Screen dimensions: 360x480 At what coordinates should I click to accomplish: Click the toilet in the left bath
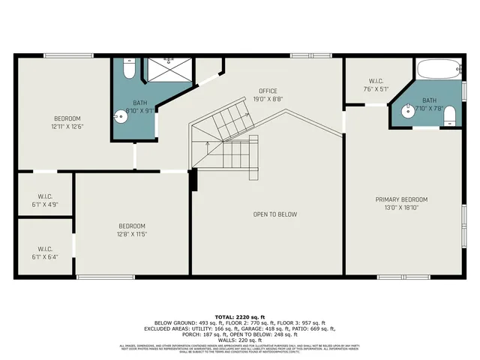point(128,70)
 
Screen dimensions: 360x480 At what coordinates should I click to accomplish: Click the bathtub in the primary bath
point(439,70)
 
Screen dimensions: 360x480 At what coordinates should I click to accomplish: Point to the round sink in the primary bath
point(407,112)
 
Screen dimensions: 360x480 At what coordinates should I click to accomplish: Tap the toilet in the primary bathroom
point(449,115)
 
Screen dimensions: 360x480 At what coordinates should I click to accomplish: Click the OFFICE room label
point(268,91)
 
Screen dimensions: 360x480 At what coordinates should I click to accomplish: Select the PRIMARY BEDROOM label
point(401,199)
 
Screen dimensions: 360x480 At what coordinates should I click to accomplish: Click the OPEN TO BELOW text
point(274,214)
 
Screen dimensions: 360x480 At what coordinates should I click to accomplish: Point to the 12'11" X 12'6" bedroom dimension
point(67,126)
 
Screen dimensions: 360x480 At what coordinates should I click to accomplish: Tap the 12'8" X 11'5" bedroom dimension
point(132,233)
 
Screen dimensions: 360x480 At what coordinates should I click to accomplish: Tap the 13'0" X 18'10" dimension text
point(401,207)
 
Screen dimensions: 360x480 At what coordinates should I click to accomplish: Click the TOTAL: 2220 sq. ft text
point(240,317)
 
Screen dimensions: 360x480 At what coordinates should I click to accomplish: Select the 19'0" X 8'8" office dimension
point(268,98)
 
